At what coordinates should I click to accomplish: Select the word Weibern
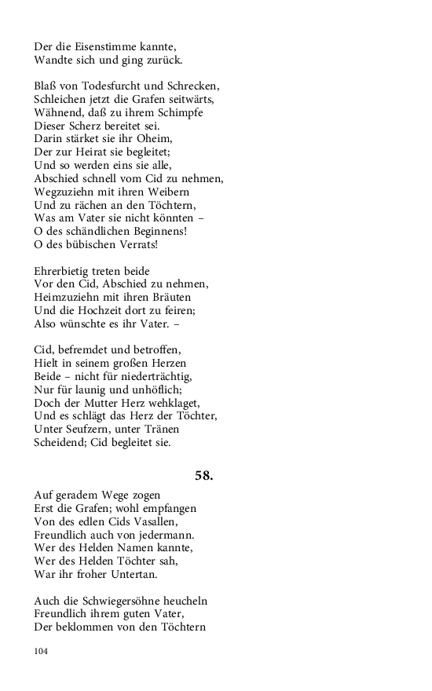[x=167, y=192]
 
